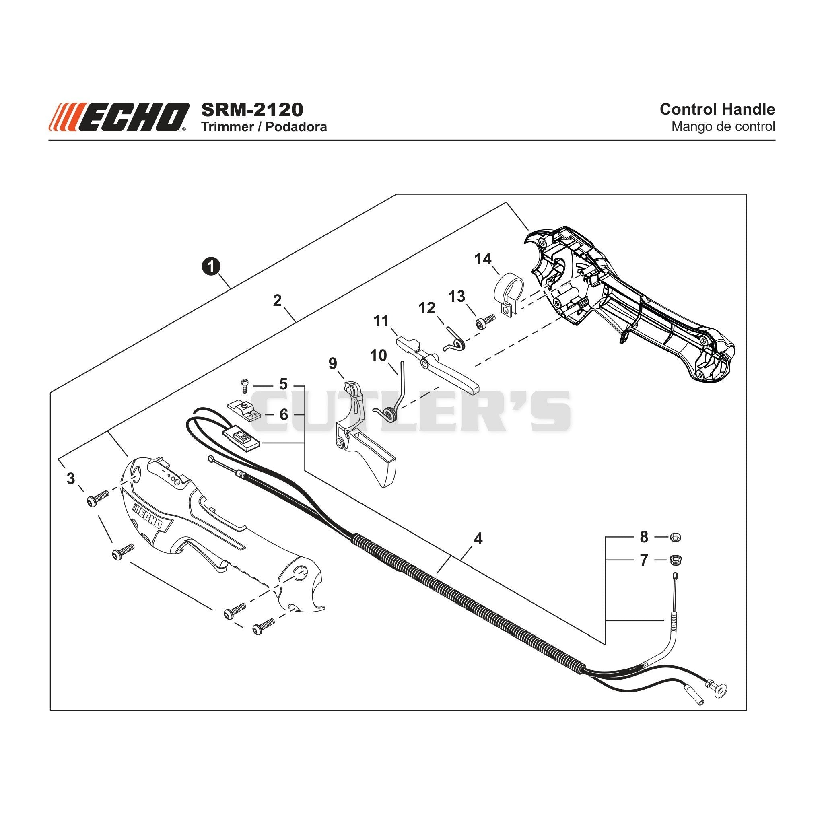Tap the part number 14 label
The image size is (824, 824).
pyautogui.click(x=483, y=258)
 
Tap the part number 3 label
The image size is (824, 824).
pyautogui.click(x=71, y=478)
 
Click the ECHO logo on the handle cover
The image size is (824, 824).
pyautogui.click(x=148, y=516)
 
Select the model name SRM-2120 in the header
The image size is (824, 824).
pyautogui.click(x=252, y=109)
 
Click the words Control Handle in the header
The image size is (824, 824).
pyautogui.click(x=717, y=109)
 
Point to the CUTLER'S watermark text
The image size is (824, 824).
pyautogui.click(x=412, y=411)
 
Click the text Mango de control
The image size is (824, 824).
pyautogui.click(x=723, y=127)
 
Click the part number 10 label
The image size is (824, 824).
pyautogui.click(x=378, y=355)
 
